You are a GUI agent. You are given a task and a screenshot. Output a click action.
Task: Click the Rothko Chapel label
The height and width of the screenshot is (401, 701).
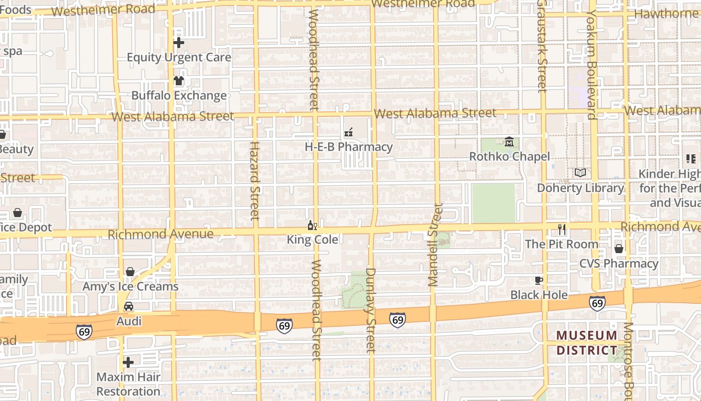pyautogui.click(x=509, y=156)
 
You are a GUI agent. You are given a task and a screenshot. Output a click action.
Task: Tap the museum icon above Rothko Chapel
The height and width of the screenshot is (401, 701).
pyautogui.click(x=509, y=142)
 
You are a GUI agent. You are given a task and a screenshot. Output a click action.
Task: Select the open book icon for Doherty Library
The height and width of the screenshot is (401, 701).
pyautogui.click(x=580, y=173)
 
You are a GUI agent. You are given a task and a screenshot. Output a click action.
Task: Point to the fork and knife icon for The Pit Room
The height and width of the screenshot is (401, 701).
pyautogui.click(x=562, y=230)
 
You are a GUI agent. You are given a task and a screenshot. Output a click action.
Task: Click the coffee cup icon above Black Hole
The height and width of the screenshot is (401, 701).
pyautogui.click(x=539, y=280)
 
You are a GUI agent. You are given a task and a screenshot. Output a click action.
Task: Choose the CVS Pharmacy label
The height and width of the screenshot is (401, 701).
pyautogui.click(x=619, y=263)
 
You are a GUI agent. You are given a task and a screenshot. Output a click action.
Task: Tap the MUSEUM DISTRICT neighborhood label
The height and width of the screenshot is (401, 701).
pyautogui.click(x=587, y=342)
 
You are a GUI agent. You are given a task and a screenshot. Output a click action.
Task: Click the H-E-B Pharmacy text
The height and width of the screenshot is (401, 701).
pyautogui.click(x=349, y=147)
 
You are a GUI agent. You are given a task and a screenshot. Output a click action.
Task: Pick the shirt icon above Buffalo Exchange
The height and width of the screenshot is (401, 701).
pyautogui.click(x=179, y=81)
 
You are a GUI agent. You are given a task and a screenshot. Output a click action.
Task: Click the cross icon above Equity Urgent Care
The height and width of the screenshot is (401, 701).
pyautogui.click(x=179, y=43)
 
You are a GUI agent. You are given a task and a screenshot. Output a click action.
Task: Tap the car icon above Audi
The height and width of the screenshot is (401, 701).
pyautogui.click(x=129, y=306)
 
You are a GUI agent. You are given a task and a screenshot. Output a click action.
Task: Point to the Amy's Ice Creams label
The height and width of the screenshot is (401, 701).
pyautogui.click(x=130, y=286)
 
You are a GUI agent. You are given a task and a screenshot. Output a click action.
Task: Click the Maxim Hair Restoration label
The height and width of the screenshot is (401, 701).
pyautogui.click(x=129, y=384)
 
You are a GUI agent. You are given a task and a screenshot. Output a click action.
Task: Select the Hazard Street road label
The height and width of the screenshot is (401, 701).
pyautogui.click(x=255, y=180)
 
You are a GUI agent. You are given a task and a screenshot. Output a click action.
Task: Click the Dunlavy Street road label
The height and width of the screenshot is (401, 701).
pyautogui.click(x=371, y=310)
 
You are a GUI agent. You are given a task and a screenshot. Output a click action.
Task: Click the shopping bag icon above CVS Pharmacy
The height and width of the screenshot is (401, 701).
pyautogui.click(x=619, y=249)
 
